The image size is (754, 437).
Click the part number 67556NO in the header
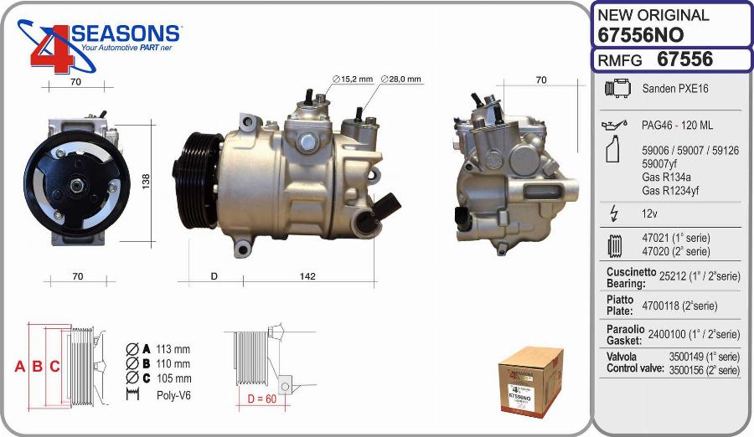[x=641, y=34]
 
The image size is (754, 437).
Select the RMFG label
[x=619, y=60]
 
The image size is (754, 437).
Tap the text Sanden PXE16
[x=675, y=89]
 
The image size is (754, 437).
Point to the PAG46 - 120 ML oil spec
[x=677, y=126]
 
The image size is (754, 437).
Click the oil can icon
[x=614, y=125]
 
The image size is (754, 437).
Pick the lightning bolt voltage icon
[x=613, y=213]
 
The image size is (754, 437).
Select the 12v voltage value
[x=649, y=213]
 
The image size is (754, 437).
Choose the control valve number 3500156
[x=687, y=370]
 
